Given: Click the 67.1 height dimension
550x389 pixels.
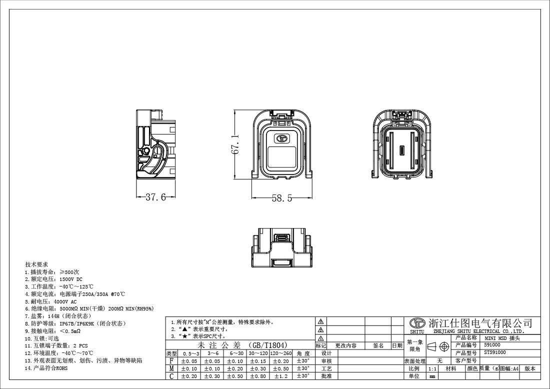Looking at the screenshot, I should [x=235, y=144].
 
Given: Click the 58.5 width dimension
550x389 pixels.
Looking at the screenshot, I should [x=281, y=198].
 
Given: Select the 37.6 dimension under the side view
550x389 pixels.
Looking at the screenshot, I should [x=155, y=197].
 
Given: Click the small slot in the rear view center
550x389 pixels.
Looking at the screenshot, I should [x=401, y=150].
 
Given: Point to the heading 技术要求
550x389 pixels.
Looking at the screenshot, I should [x=36, y=264].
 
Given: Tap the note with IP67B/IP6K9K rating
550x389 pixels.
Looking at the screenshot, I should [x=75, y=323].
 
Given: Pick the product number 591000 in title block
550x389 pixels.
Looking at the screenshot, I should [x=492, y=345].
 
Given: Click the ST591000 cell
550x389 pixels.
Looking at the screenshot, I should [x=495, y=352].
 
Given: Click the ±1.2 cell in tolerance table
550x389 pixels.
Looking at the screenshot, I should [x=281, y=376].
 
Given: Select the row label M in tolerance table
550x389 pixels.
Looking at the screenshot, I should [x=171, y=368].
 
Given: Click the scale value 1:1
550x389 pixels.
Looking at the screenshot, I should [x=433, y=368].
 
